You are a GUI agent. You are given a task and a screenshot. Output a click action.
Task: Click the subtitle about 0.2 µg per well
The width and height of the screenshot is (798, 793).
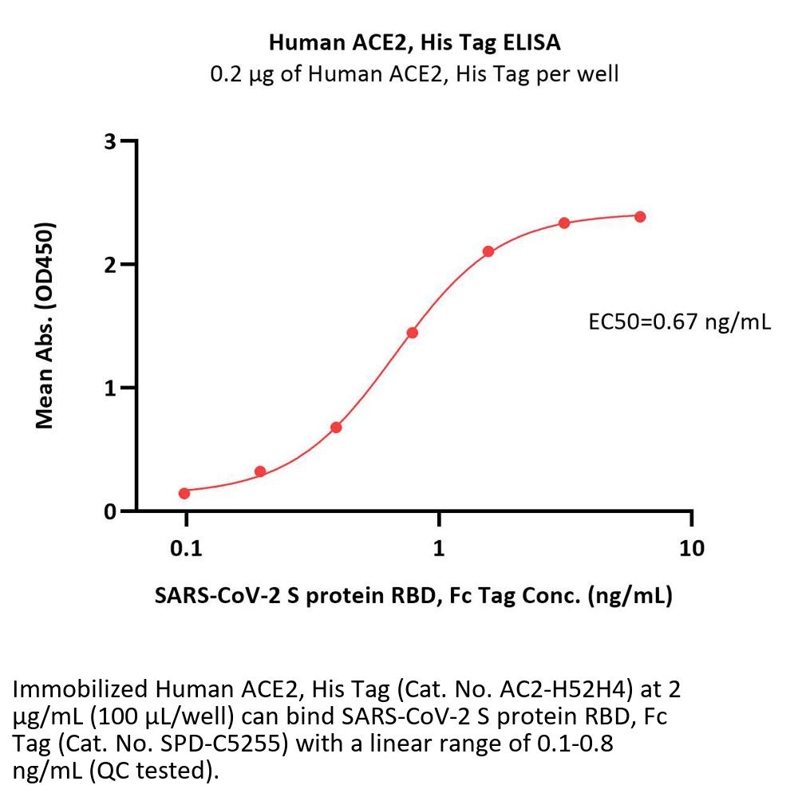pyautogui.click(x=414, y=75)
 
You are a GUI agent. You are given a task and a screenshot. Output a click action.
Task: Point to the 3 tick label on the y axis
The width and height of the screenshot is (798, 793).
pyautogui.click(x=110, y=142)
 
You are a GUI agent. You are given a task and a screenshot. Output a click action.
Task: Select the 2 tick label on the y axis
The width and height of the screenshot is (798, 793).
pyautogui.click(x=110, y=265)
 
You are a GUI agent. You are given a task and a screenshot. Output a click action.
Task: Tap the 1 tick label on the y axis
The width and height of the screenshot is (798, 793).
pyautogui.click(x=110, y=389)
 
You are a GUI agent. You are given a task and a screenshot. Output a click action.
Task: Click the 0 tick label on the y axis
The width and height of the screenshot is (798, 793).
pyautogui.click(x=110, y=511)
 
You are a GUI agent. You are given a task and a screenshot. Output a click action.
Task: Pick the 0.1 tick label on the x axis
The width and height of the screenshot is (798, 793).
pyautogui.click(x=186, y=548)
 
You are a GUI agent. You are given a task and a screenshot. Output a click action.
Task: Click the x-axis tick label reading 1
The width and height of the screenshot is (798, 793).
pyautogui.click(x=438, y=548)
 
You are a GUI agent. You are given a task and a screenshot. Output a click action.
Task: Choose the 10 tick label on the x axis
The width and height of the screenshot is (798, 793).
pyautogui.click(x=691, y=548)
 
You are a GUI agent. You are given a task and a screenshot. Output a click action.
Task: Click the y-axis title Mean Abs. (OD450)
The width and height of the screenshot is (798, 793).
pyautogui.click(x=45, y=325)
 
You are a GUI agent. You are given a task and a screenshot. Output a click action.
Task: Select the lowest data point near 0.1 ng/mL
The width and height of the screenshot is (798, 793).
pyautogui.click(x=184, y=493)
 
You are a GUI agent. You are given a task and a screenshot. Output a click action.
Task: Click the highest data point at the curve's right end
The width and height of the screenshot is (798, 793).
pyautogui.click(x=640, y=216)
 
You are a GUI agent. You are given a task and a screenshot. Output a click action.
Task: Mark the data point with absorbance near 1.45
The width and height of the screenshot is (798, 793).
pyautogui.click(x=412, y=333)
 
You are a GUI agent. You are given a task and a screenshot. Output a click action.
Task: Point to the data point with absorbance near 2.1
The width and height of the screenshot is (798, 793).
pyautogui.click(x=488, y=252)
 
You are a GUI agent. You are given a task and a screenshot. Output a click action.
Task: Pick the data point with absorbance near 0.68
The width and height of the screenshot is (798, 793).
pyautogui.click(x=336, y=428)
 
